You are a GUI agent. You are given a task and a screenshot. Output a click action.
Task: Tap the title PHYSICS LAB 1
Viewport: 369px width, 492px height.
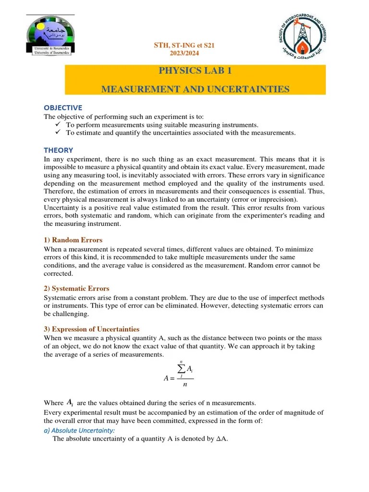(195, 71)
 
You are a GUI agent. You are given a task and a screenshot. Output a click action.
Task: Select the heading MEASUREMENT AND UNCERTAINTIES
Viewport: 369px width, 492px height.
(195, 89)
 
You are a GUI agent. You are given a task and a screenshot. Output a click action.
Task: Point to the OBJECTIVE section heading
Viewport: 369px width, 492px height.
(63, 108)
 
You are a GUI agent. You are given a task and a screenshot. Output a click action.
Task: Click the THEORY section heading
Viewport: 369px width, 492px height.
(59, 150)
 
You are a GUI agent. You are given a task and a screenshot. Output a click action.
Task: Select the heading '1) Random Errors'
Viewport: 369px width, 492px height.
(73, 240)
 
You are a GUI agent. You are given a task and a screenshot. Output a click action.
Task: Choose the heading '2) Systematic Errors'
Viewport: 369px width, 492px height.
(76, 289)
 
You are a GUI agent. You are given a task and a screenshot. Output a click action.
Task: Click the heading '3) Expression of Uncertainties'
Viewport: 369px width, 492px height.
(91, 329)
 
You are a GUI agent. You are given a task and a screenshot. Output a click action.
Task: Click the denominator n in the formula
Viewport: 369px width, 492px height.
(184, 385)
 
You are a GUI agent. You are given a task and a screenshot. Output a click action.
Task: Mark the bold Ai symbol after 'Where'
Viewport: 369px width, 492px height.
(70, 402)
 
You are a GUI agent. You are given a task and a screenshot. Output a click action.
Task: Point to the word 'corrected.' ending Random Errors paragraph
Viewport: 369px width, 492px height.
(58, 273)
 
